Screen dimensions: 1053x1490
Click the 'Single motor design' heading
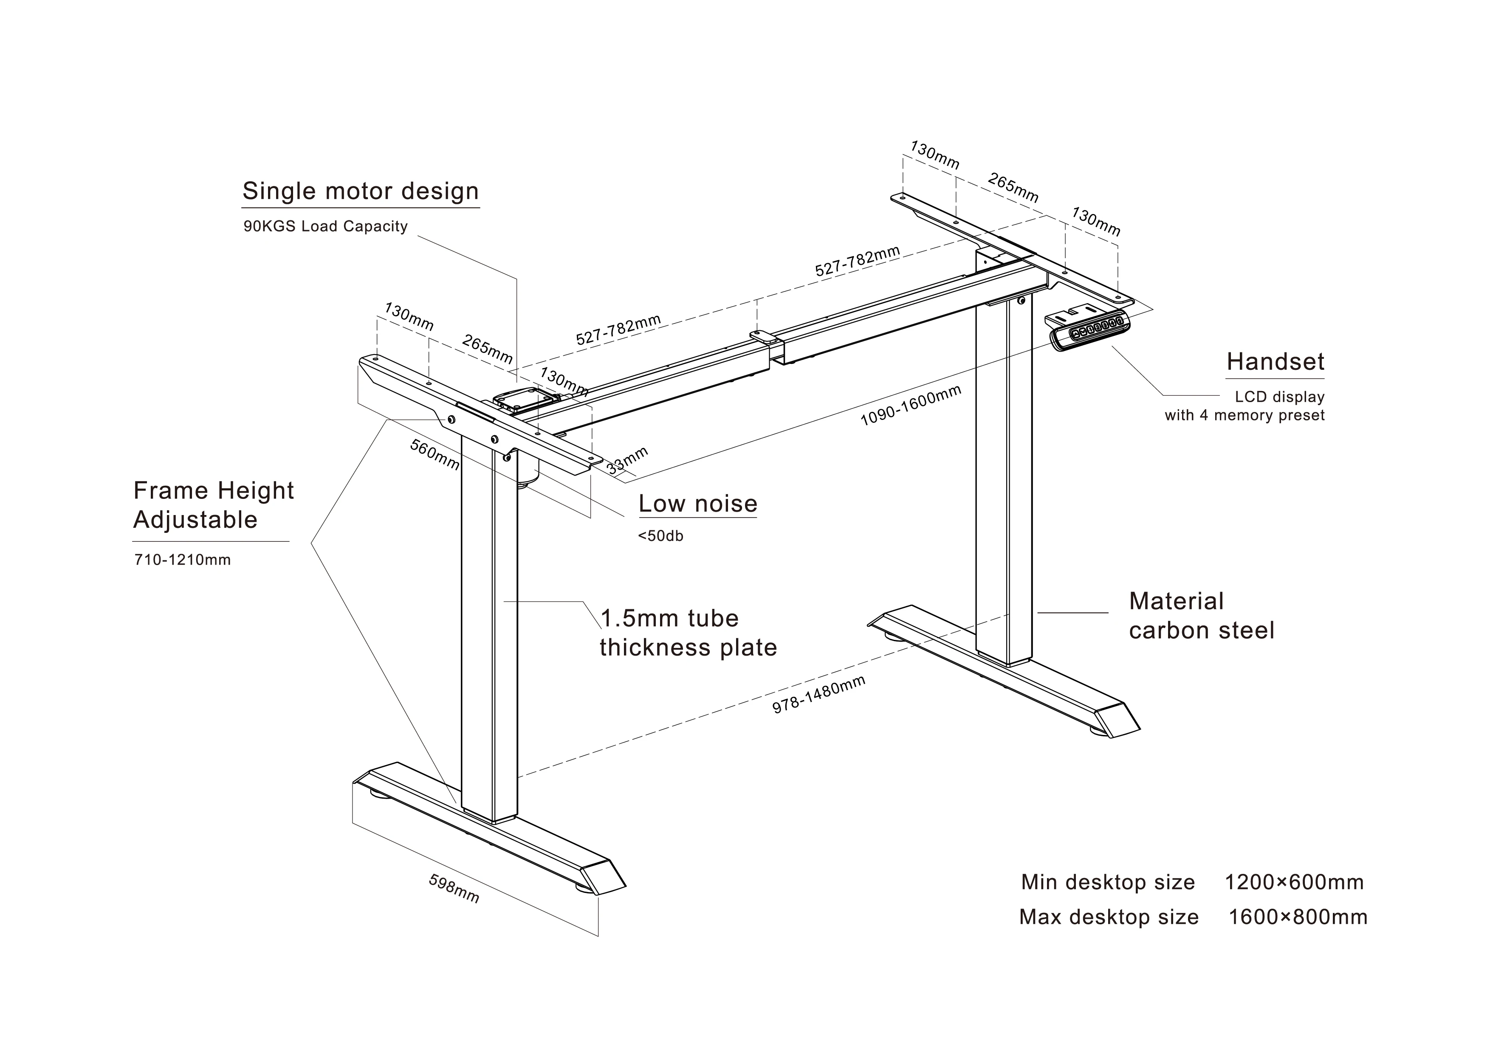click(x=360, y=191)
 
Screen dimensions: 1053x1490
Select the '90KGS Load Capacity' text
click(x=325, y=226)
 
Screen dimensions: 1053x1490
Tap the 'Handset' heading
click(x=1275, y=362)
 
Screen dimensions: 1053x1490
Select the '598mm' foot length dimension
click(x=454, y=889)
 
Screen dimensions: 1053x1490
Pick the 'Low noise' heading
click(x=697, y=504)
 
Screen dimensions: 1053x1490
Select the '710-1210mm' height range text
click(x=182, y=560)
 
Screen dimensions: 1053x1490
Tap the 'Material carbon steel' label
click(x=1201, y=616)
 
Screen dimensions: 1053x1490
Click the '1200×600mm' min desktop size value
click(x=1293, y=882)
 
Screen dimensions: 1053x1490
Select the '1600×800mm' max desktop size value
click(x=1297, y=918)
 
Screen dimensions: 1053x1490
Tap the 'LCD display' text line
click(x=1279, y=397)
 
